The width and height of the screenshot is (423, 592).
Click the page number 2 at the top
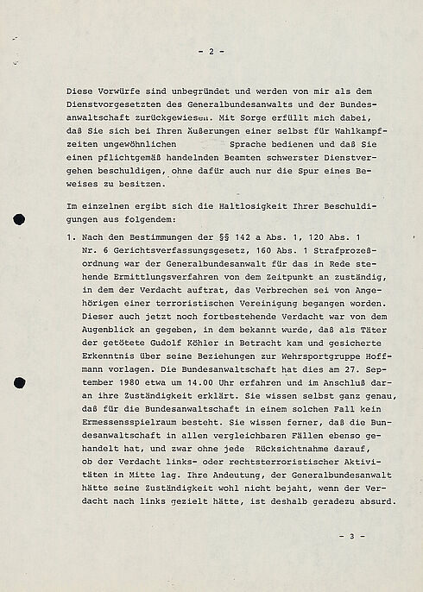[x=211, y=52]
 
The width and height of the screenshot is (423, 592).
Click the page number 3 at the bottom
[x=351, y=536]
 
